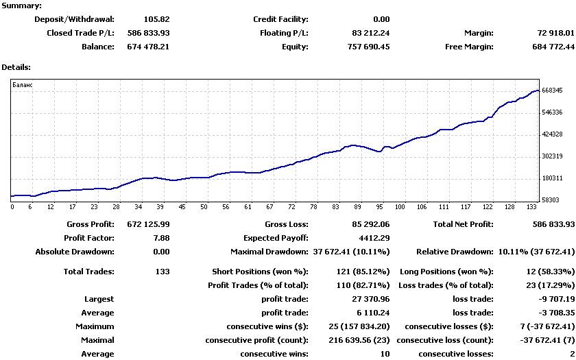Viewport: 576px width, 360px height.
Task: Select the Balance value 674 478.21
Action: point(148,47)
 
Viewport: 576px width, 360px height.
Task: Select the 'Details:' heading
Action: point(16,67)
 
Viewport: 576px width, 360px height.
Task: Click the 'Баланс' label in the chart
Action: point(23,84)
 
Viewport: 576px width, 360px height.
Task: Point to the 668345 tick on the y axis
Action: point(552,90)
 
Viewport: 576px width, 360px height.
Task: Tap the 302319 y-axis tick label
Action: point(552,156)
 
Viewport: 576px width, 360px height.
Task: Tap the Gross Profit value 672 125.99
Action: point(148,224)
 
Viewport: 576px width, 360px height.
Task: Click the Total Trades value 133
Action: point(162,272)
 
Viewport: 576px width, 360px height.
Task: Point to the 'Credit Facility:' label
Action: point(280,19)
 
